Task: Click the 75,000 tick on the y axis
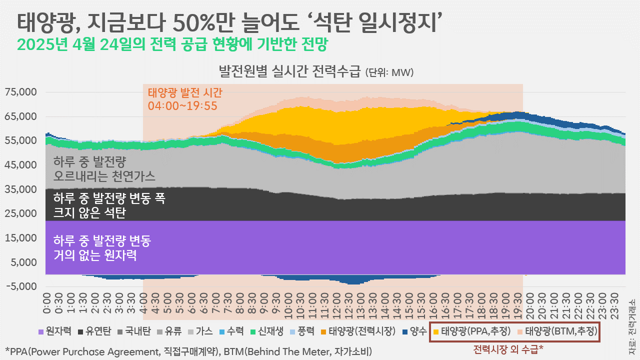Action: click(x=21, y=92)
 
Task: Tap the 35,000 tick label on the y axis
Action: click(x=21, y=189)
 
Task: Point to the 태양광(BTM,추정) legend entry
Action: click(x=560, y=331)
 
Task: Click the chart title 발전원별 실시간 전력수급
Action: click(x=289, y=71)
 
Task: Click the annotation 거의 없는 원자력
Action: click(x=95, y=256)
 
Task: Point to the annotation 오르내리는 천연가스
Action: click(x=104, y=176)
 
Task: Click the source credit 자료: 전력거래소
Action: click(x=632, y=325)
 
